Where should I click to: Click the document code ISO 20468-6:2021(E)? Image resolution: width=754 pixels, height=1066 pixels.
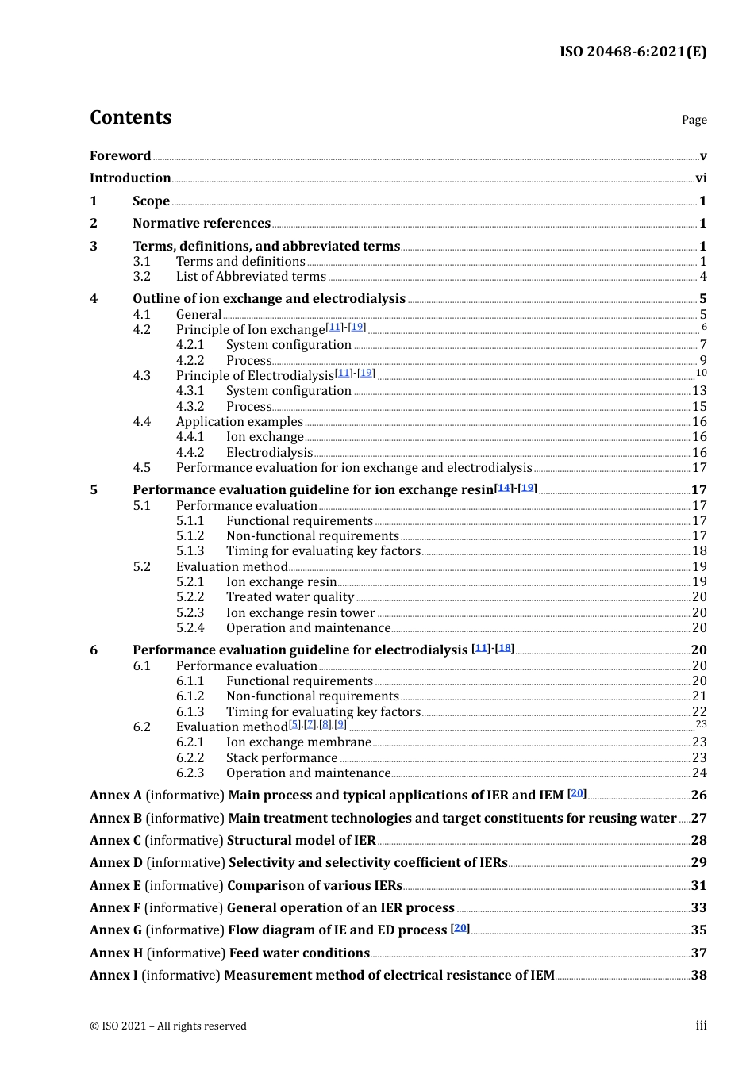633,52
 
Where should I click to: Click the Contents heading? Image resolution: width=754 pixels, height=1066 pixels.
130,117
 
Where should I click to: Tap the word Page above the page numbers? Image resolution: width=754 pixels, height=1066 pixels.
694,120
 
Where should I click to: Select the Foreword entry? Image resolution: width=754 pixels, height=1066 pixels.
120,156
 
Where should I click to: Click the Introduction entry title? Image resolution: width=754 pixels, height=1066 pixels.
130,178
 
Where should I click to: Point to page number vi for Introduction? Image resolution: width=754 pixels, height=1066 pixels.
701,178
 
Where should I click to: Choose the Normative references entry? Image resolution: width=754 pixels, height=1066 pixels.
202,224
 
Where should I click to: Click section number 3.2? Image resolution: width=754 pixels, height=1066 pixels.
142,277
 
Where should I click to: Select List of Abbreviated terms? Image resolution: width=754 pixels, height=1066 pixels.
251,277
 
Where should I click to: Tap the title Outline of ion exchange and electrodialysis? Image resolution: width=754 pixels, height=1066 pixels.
269,299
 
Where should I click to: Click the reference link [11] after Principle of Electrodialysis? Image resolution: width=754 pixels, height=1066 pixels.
344,373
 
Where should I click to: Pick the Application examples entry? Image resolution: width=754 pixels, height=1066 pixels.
240,422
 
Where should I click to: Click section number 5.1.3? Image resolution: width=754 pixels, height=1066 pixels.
190,551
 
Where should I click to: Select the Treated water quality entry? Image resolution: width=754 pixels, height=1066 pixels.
290,597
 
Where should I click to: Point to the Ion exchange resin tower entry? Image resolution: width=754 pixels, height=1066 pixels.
300,613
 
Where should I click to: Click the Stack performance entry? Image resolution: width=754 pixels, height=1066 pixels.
282,758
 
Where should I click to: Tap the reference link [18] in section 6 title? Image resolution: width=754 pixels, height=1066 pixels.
505,648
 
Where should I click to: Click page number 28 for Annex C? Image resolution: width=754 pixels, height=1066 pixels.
698,841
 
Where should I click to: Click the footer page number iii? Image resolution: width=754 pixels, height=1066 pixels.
701,1026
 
